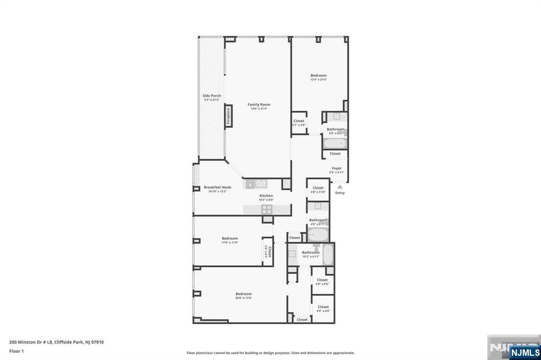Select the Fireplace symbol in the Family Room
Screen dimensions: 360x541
229,116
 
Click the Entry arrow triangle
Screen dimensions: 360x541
340,186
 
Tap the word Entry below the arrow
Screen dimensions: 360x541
340,193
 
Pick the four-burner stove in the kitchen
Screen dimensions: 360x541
267,209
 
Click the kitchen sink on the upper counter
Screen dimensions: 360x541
260,184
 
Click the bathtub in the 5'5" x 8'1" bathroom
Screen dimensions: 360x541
335,143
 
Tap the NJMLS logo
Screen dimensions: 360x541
524,352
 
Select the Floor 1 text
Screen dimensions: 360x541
16,351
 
